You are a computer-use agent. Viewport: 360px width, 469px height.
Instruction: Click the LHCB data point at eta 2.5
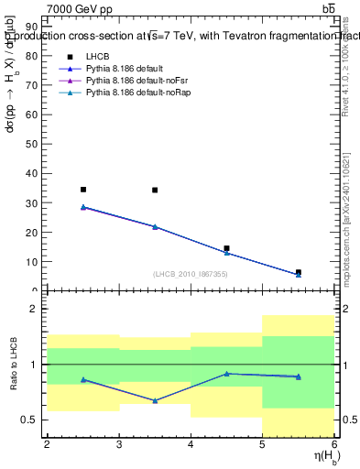[x=83, y=190]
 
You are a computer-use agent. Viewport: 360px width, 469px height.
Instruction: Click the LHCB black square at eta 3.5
[x=155, y=191]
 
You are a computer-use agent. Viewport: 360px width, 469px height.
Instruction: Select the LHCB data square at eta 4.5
[x=226, y=248]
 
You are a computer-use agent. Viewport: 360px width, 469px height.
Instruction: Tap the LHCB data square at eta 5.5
[x=298, y=272]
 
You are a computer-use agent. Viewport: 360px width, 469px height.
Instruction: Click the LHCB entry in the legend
[x=96, y=57]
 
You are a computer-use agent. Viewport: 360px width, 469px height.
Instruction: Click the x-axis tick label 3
[x=119, y=445]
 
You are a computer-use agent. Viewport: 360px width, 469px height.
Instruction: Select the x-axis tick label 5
[x=262, y=445]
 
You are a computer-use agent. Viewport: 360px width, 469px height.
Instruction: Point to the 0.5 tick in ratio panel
[x=33, y=420]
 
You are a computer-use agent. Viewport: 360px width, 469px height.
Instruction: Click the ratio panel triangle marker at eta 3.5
[x=155, y=400]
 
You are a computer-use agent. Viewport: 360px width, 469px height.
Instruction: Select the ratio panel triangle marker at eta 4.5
[x=226, y=374]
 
